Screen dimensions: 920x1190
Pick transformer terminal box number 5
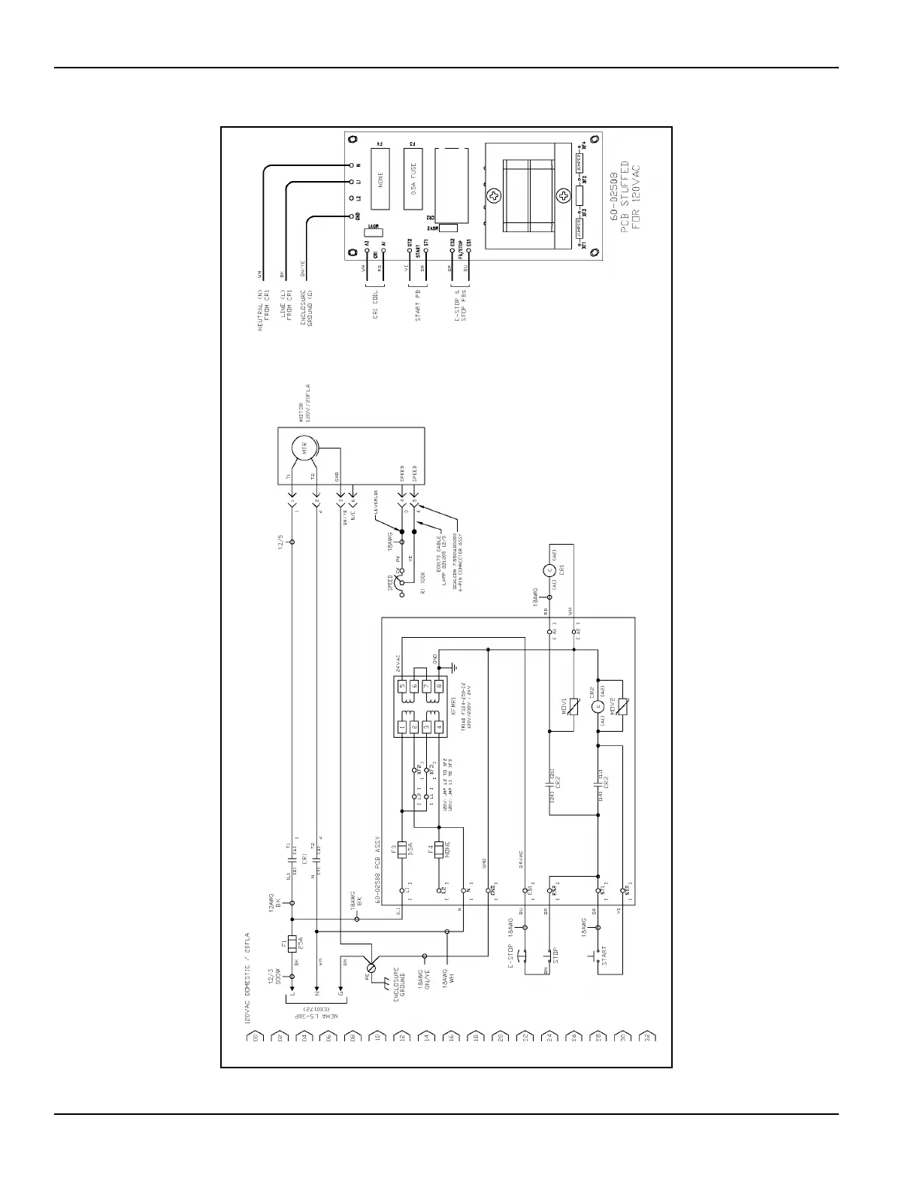402,686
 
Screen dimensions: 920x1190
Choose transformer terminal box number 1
402,728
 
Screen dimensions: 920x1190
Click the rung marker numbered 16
449,1037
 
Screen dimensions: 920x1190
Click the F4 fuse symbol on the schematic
439,849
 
